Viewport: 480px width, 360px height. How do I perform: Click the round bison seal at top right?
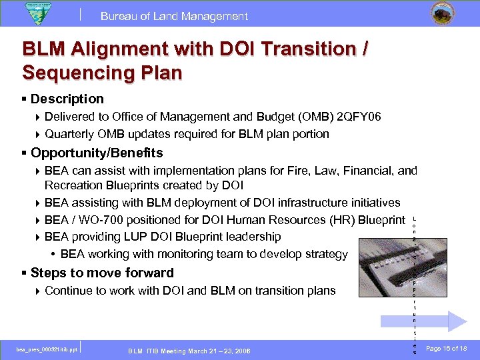(439, 14)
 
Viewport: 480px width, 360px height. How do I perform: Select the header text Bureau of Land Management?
(175, 16)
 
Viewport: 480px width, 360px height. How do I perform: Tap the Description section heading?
(67, 99)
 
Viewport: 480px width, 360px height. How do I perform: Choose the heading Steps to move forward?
(102, 273)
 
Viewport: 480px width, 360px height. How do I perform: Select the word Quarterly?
(72, 134)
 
